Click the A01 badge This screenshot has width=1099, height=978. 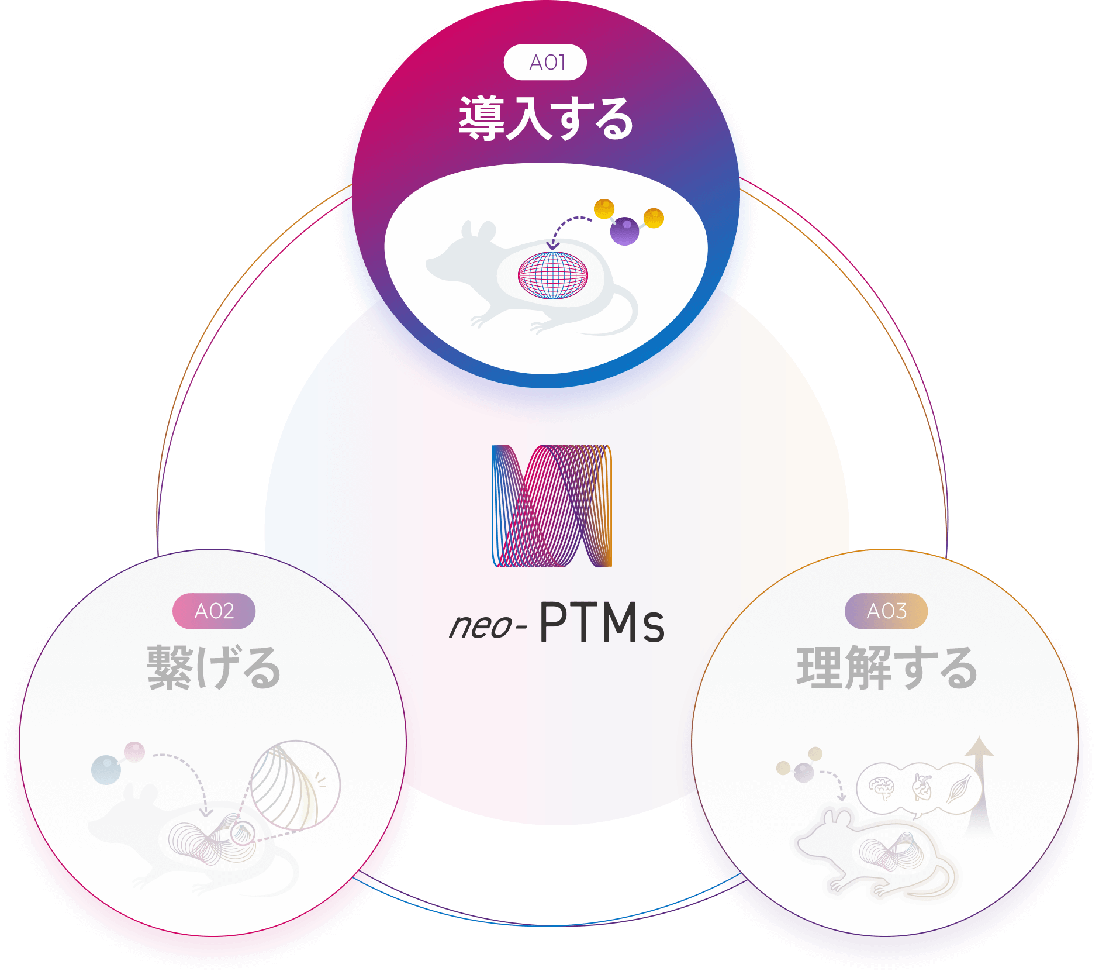coord(545,62)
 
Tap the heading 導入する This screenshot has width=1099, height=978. coord(545,119)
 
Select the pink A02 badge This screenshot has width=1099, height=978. coord(214,611)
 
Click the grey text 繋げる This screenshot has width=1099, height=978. coord(214,668)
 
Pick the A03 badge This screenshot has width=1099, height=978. coord(886,611)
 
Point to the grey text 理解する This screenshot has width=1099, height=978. coord(886,668)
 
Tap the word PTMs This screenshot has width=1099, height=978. coord(602,622)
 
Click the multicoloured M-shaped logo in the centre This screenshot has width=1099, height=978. coord(552,506)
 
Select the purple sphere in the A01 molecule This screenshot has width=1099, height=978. coord(624,231)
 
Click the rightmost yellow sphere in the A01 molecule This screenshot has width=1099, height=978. coord(654,218)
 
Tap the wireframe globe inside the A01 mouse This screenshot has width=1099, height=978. coord(553,275)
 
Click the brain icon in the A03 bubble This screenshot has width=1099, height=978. coord(882,788)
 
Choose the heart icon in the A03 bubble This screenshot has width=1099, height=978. coord(922,787)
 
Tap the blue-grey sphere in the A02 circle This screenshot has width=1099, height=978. coord(106,770)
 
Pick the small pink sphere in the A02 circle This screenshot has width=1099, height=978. coord(134,752)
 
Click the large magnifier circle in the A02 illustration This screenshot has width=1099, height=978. coord(295,785)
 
